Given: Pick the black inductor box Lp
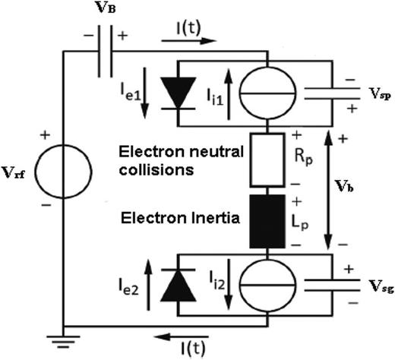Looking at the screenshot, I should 269,220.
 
